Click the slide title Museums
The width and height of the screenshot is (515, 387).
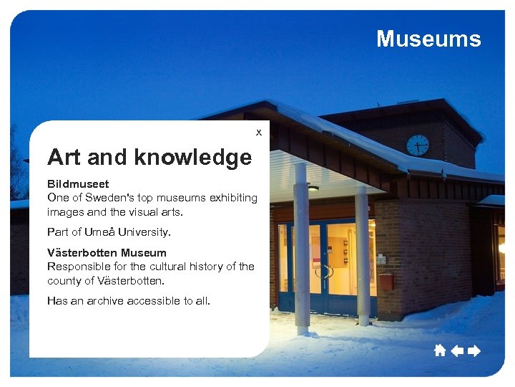(x=428, y=39)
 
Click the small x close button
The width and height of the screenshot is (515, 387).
(x=259, y=132)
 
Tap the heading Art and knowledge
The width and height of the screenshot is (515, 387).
(x=149, y=156)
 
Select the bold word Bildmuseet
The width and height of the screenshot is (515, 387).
(x=78, y=184)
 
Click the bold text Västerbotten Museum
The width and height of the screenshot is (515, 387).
(x=107, y=252)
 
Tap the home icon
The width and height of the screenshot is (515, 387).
(x=439, y=350)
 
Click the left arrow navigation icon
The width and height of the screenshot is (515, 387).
(x=456, y=350)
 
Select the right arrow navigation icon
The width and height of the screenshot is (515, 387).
(x=473, y=350)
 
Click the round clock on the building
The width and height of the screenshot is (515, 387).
(x=418, y=145)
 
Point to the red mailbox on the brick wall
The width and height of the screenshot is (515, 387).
(x=386, y=282)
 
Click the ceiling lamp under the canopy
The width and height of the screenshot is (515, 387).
(x=313, y=188)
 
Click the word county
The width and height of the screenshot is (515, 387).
(x=64, y=280)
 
